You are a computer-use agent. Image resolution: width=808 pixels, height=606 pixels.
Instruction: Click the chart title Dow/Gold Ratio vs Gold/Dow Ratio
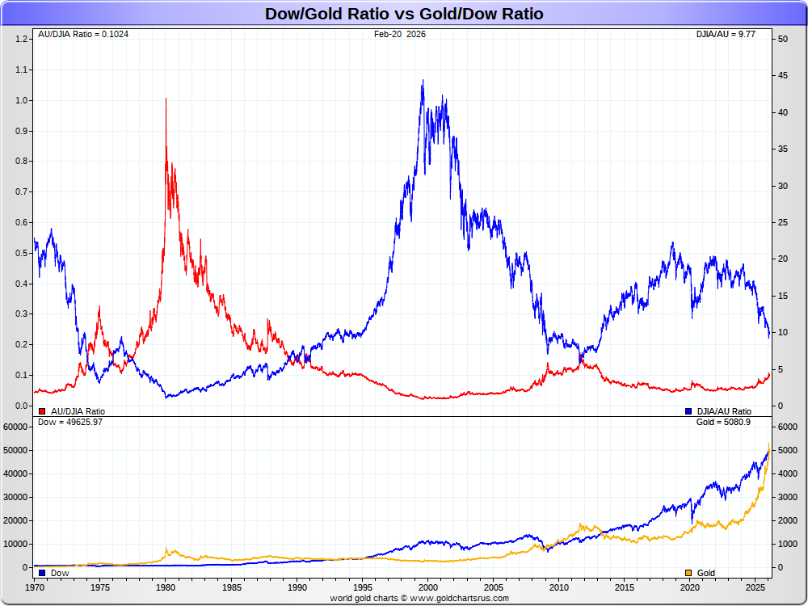point(404,14)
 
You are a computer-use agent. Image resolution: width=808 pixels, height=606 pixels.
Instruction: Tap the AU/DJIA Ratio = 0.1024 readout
point(84,34)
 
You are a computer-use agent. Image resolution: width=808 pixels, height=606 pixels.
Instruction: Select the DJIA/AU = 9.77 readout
point(726,34)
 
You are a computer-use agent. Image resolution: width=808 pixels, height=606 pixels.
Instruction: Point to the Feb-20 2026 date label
point(400,34)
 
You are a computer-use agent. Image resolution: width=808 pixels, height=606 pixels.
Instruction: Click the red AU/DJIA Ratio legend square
point(42,411)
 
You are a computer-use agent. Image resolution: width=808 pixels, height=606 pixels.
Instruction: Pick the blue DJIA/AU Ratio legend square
point(688,411)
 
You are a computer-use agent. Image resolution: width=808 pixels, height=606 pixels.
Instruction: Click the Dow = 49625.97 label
point(70,422)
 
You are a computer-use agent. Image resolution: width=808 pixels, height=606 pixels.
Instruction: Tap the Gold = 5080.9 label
point(723,422)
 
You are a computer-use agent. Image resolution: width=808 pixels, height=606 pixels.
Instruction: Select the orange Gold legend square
point(688,573)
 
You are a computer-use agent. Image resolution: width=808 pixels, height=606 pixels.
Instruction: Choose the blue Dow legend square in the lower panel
point(42,573)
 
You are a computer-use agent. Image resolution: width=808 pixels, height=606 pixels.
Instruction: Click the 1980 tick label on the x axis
point(166,587)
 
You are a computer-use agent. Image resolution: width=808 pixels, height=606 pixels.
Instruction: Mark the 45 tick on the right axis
point(782,76)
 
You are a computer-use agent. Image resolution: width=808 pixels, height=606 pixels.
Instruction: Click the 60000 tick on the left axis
point(17,426)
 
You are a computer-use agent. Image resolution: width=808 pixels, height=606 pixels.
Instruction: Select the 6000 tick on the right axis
point(786,426)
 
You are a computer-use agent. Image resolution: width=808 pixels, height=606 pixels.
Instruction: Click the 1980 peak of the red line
point(166,99)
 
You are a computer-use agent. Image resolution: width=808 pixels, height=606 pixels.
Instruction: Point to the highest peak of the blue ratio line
point(423,81)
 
